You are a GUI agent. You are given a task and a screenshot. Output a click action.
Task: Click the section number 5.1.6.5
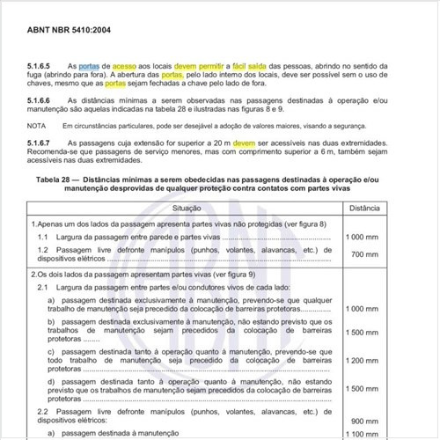[40, 66]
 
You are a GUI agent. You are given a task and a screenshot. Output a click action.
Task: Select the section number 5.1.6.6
[40, 101]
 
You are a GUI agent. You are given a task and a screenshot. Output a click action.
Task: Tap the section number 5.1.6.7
[40, 143]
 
